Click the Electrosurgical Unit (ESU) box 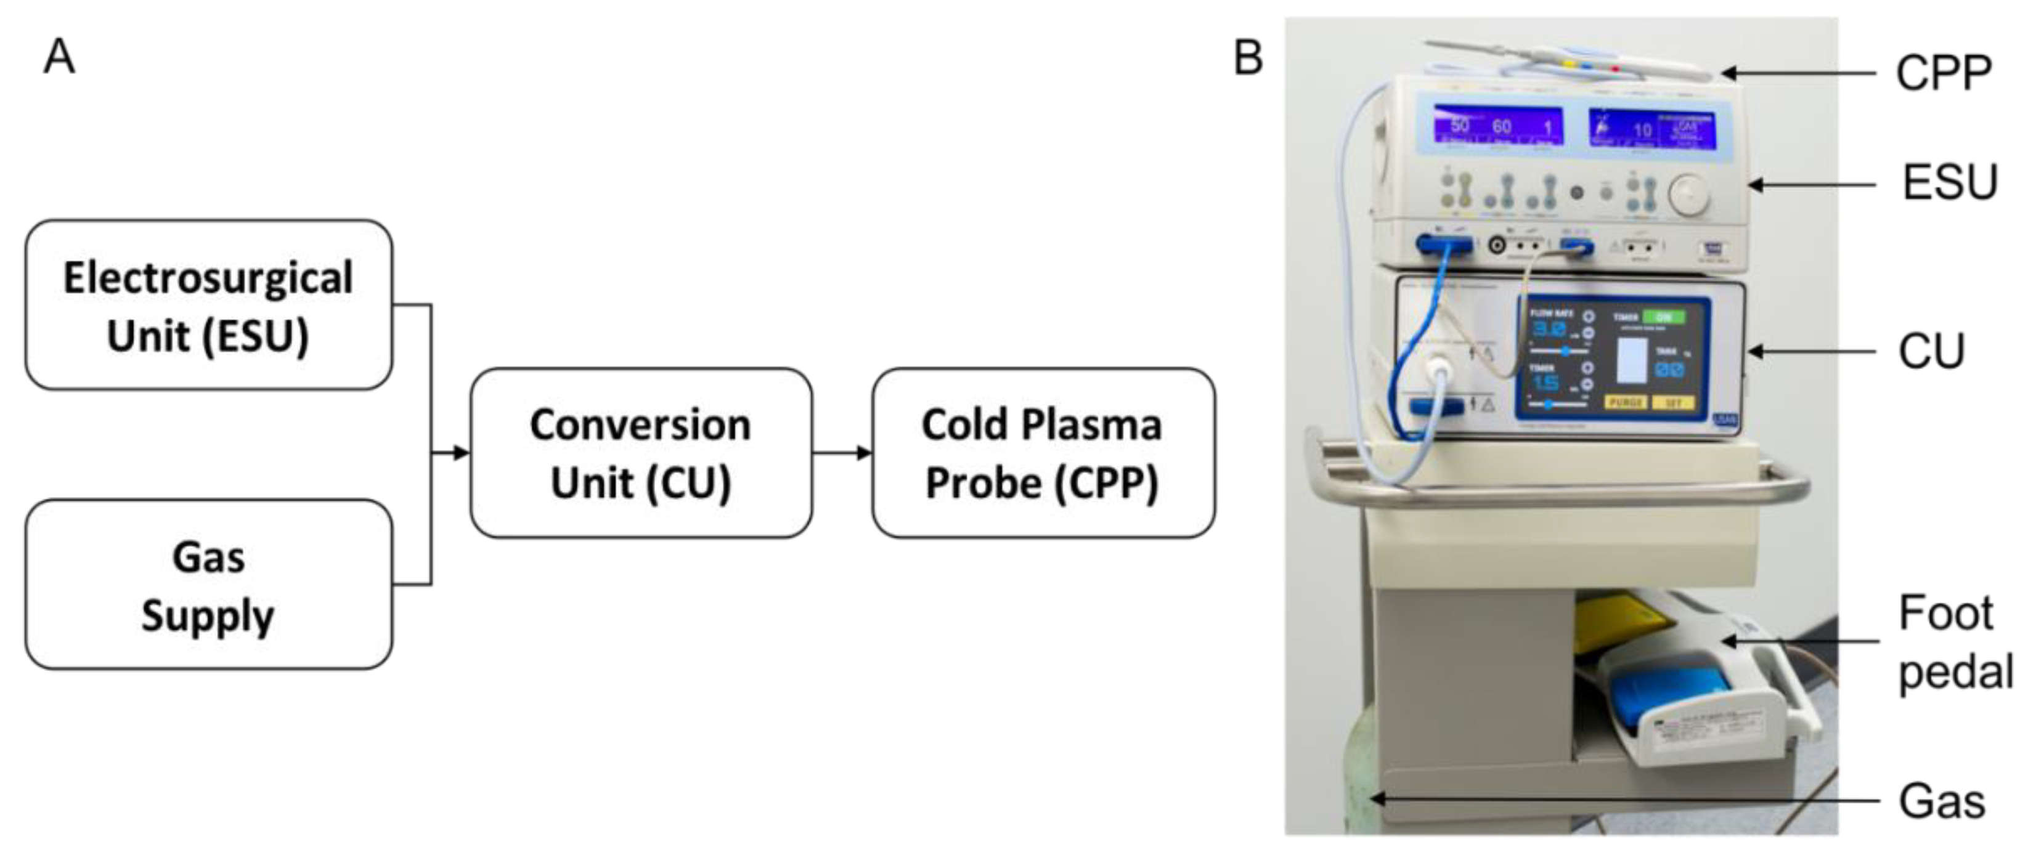(209, 305)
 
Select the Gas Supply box (209, 585)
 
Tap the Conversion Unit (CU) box (641, 453)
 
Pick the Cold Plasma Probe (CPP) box (1043, 453)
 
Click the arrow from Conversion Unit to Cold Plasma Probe (842, 453)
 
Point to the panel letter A (59, 58)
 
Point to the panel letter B (1248, 58)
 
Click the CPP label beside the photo (1943, 73)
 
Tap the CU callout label (1931, 351)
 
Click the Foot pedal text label (1955, 642)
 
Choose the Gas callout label (1941, 801)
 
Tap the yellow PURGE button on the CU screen (1626, 402)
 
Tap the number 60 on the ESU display (1502, 126)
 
